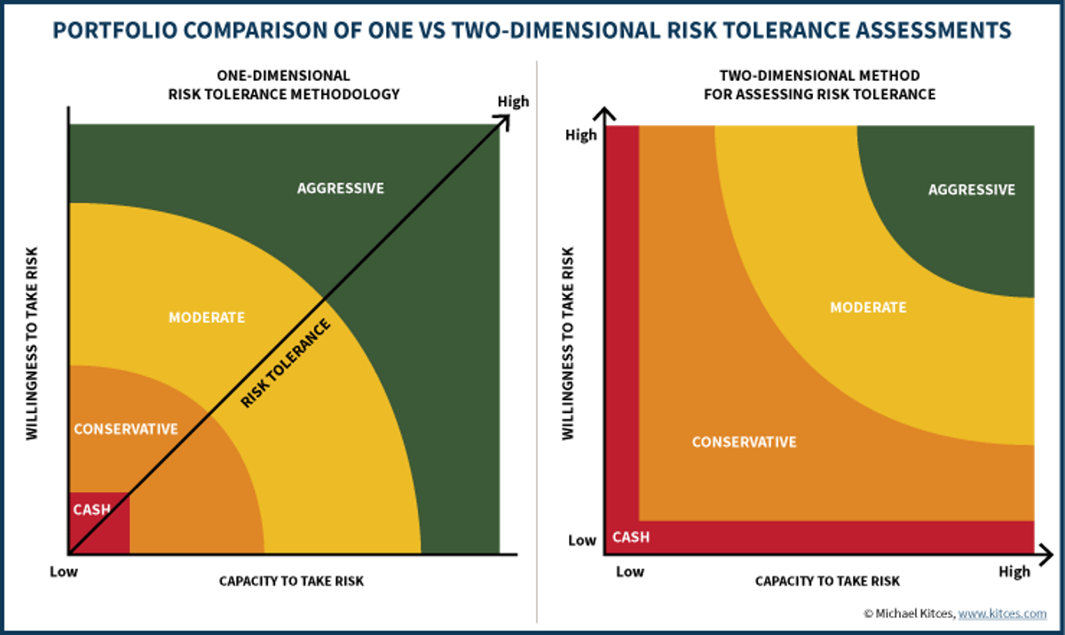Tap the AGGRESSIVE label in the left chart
340,188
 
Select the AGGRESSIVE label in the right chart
971,190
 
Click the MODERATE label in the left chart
207,317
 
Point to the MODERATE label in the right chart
868,308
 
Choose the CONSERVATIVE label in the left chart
125,429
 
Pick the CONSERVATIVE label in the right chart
744,442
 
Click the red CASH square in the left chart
99,521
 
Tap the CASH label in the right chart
631,537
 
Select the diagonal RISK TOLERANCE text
286,364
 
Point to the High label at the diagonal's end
513,101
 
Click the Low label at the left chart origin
63,572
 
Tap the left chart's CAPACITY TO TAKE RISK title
291,582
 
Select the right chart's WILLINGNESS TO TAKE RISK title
568,343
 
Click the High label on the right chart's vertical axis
581,135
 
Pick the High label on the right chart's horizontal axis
1014,571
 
